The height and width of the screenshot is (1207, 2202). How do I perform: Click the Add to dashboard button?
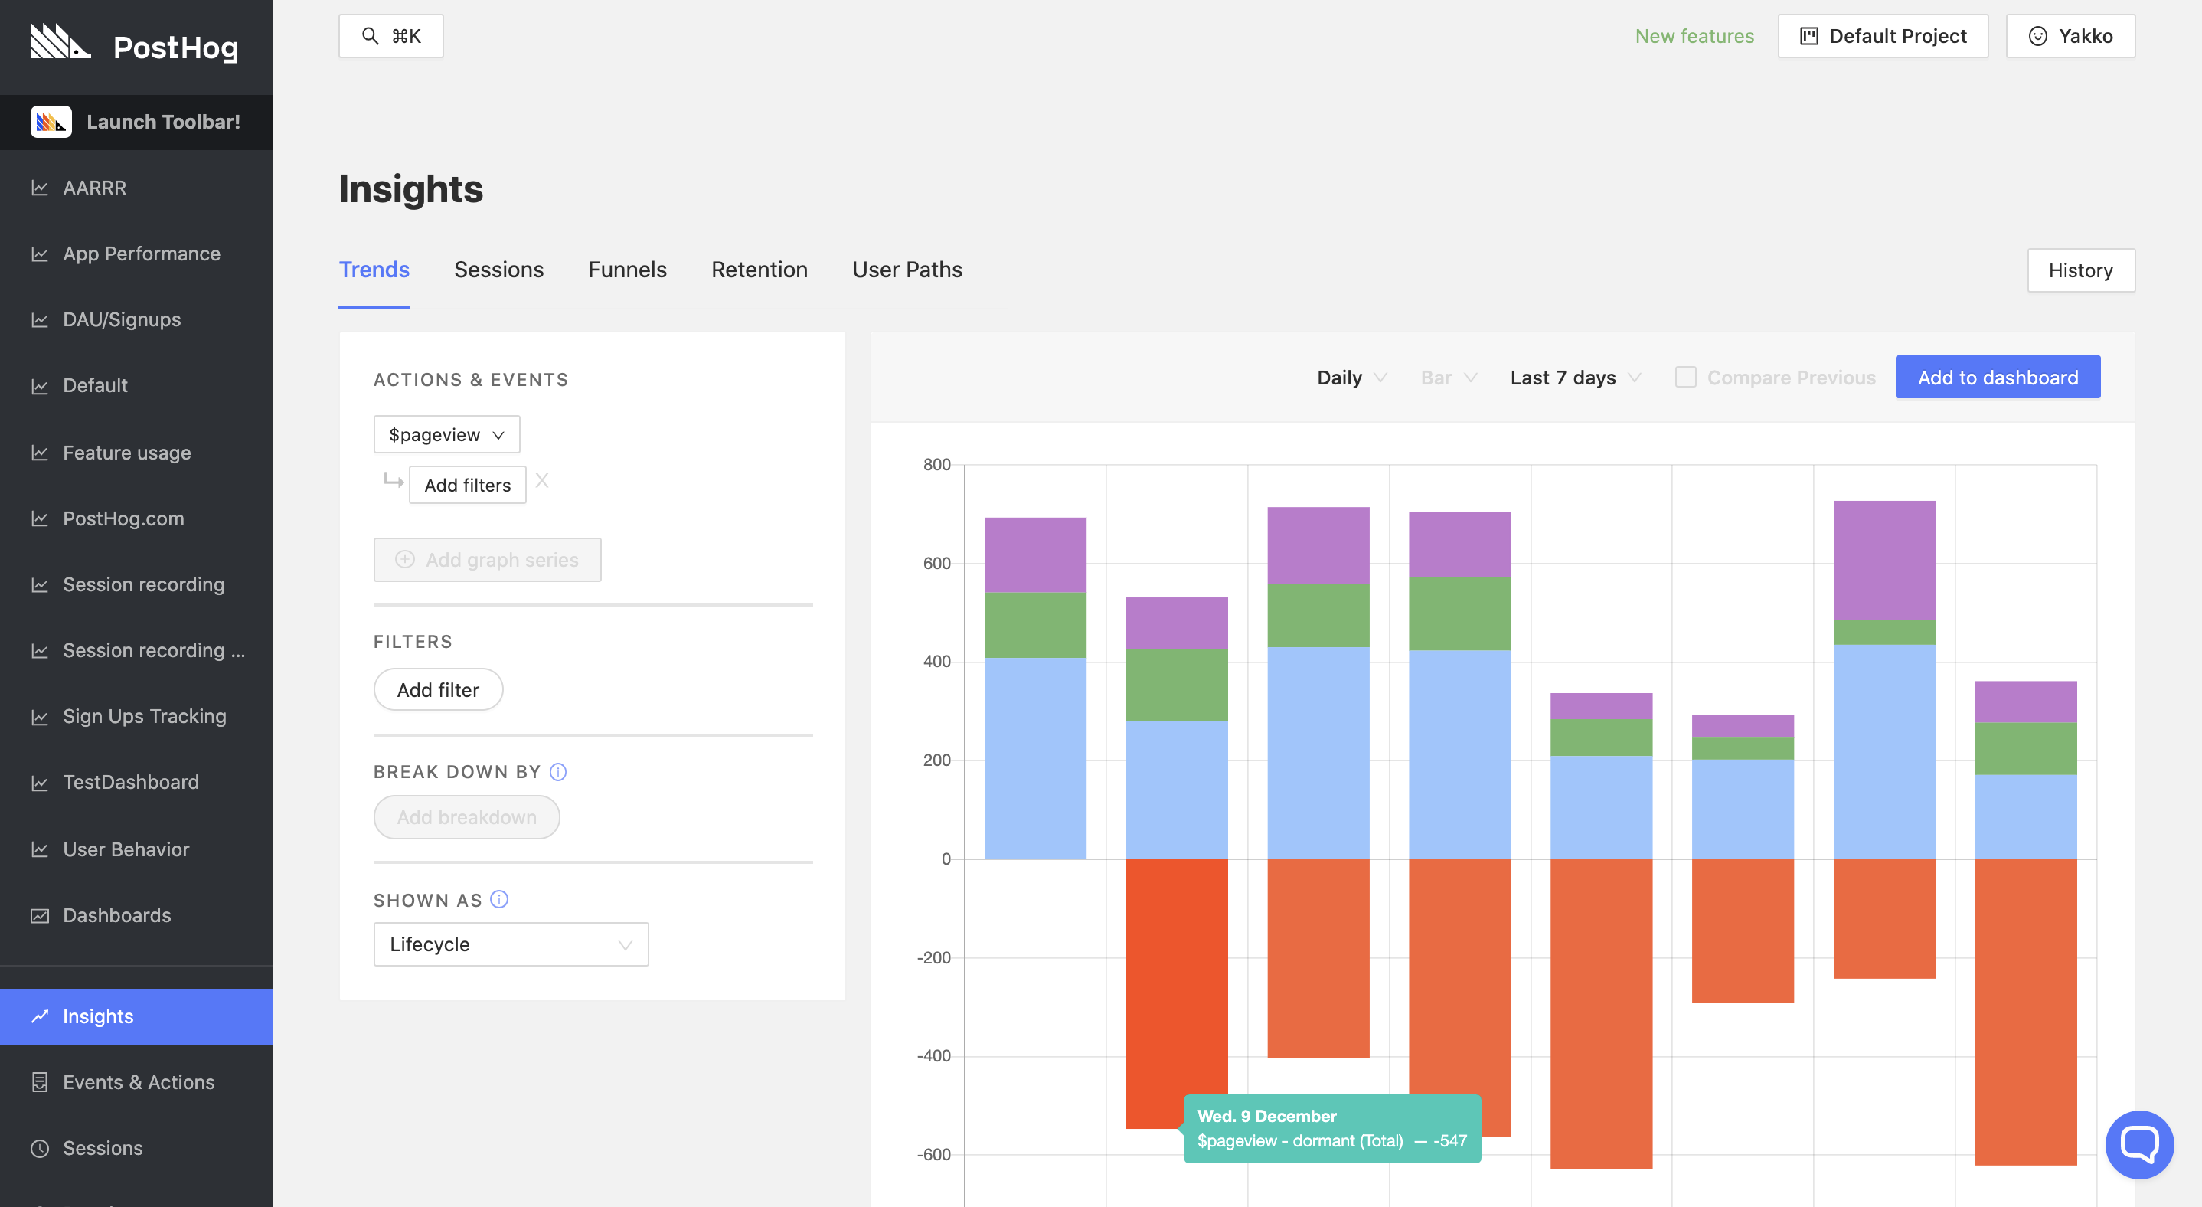(x=1997, y=377)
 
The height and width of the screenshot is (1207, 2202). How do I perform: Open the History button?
(x=2079, y=270)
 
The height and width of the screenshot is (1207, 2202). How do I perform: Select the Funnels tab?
(x=626, y=270)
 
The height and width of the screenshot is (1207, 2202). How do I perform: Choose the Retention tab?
(x=758, y=270)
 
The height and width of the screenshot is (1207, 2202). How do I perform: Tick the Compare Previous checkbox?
(x=1685, y=377)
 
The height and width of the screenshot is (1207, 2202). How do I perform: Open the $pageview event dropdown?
(x=446, y=434)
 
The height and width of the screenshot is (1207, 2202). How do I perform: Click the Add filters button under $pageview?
(x=467, y=485)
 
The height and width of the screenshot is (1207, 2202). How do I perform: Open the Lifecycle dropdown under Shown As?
(x=511, y=944)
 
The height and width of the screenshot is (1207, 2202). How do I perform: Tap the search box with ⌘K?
(x=390, y=36)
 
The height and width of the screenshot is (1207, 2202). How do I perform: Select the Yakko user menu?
(x=2070, y=36)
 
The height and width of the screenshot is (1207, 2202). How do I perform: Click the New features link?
(x=1694, y=36)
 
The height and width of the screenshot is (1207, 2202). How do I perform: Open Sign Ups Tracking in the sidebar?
(x=144, y=715)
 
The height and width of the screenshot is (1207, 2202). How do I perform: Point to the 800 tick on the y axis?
(x=936, y=464)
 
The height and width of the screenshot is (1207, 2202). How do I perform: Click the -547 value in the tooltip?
(x=1450, y=1140)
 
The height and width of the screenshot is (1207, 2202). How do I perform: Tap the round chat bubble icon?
(x=2138, y=1143)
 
